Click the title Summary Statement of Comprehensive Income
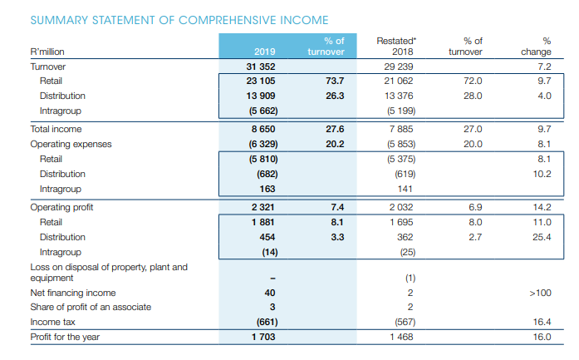click(x=166, y=20)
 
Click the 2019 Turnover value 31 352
click(x=263, y=67)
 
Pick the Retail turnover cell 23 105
click(x=263, y=81)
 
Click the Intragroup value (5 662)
click(x=263, y=111)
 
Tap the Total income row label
click(x=51, y=130)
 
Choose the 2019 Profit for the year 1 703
click(x=263, y=338)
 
